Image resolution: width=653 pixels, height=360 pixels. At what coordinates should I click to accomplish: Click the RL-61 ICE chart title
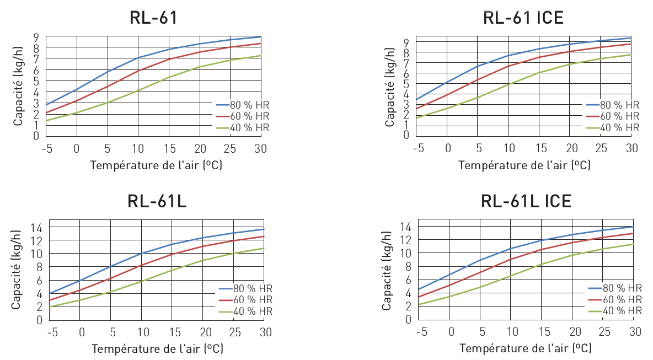(523, 18)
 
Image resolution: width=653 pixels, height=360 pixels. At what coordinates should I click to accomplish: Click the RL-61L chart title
(157, 201)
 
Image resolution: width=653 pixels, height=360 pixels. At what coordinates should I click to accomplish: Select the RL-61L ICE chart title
(526, 201)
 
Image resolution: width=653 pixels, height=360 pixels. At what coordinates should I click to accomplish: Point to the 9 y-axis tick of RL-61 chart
(36, 37)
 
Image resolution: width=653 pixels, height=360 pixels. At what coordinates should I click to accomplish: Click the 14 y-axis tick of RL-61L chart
(36, 227)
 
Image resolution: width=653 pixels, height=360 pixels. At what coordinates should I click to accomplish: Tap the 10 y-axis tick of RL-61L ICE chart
(405, 253)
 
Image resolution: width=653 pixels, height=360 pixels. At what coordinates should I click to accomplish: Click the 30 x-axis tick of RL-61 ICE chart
(632, 148)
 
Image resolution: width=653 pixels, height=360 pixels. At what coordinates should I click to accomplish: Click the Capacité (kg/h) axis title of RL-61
(18, 85)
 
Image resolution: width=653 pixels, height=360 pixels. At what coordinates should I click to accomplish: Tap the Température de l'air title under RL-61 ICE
(524, 165)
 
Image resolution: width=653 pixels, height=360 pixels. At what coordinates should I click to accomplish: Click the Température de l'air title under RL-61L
(157, 348)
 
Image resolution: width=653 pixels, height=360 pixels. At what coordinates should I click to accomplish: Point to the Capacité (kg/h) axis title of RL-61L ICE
(387, 270)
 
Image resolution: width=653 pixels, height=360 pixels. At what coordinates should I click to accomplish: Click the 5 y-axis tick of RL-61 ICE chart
(405, 84)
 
